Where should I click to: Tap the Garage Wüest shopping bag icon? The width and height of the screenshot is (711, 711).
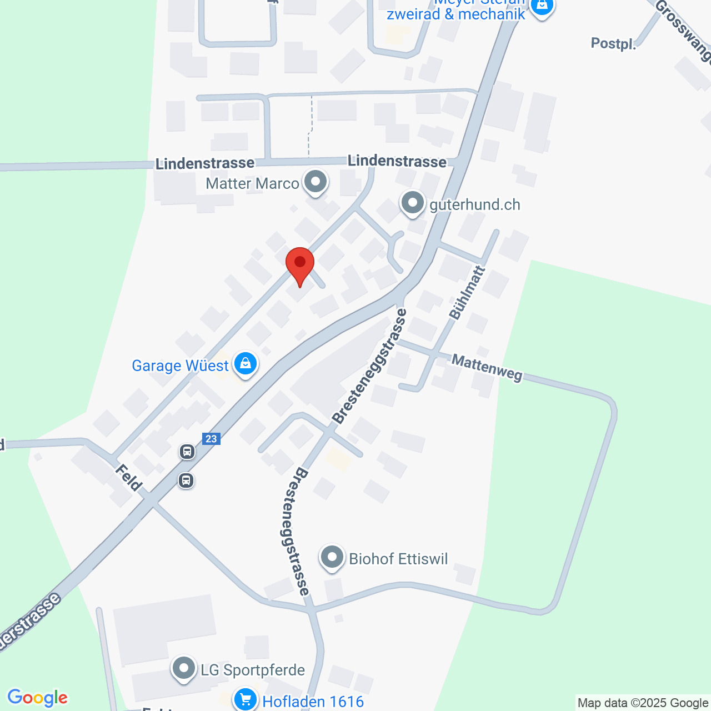tap(245, 364)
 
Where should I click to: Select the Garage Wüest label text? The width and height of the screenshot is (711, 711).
tap(180, 365)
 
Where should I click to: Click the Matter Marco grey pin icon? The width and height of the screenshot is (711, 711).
tap(316, 182)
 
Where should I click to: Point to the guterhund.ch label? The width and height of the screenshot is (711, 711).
tap(475, 205)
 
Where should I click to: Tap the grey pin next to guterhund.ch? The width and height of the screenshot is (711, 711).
tap(413, 203)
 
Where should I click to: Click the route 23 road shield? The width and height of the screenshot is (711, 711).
tap(211, 439)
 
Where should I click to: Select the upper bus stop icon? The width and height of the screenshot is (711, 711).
tap(187, 452)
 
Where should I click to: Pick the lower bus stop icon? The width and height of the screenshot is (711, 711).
tap(186, 480)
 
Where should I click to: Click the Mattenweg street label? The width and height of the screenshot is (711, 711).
tap(487, 368)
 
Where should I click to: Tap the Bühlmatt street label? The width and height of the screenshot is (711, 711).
tap(467, 293)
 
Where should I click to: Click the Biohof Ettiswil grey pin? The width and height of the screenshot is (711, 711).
tap(332, 557)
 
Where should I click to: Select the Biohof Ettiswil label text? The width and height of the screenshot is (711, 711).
tap(398, 559)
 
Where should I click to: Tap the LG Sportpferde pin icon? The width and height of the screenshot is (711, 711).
tap(184, 669)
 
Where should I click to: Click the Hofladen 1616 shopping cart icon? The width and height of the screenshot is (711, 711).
tap(245, 699)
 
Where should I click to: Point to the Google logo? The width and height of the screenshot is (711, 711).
tap(37, 698)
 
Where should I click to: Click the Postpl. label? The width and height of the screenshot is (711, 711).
tap(613, 44)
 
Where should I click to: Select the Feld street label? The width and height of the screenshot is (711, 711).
tap(128, 478)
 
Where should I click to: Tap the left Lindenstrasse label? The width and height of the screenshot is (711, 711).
tap(205, 164)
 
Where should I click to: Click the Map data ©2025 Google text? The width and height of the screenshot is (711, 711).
tap(643, 703)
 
